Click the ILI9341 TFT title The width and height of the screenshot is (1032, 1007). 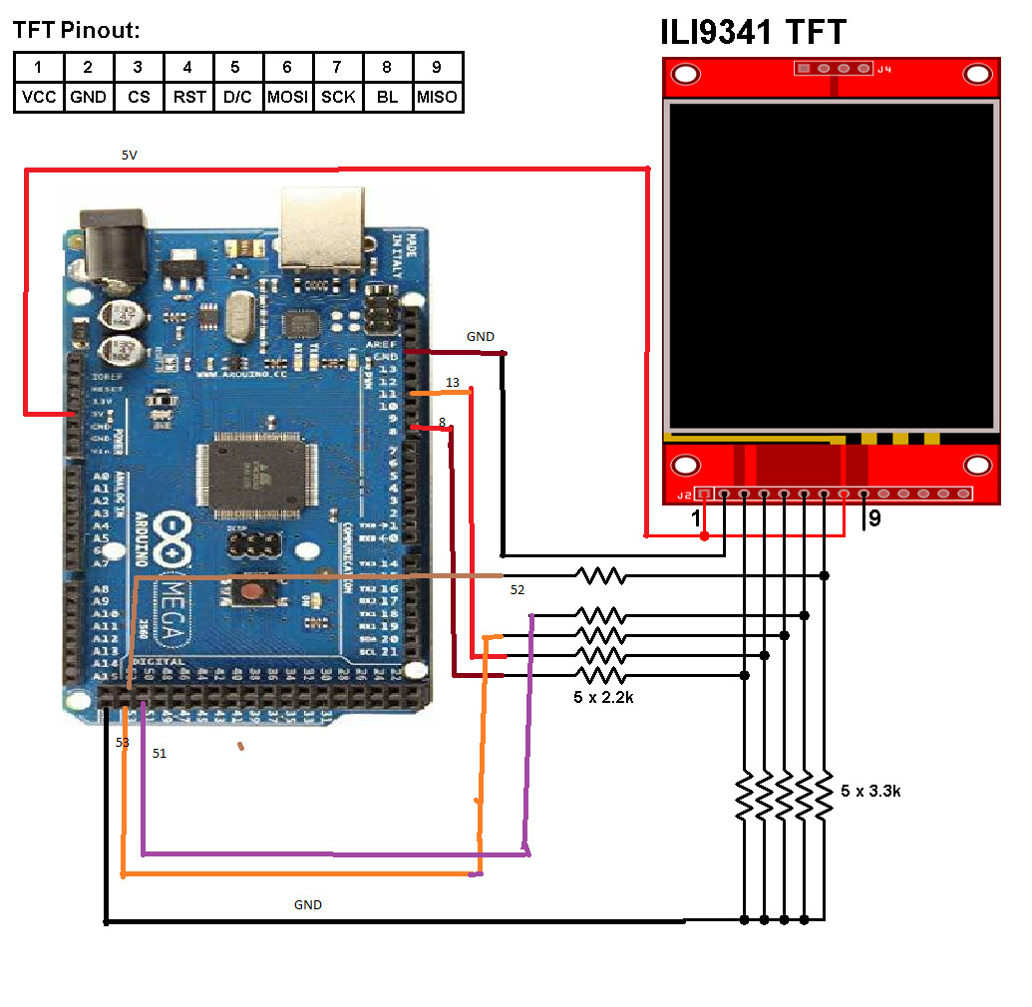753,32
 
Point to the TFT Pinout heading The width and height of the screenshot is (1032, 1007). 76,31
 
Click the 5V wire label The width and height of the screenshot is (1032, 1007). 131,156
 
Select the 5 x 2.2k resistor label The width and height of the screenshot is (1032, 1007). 604,698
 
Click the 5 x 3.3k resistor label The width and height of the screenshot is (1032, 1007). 871,791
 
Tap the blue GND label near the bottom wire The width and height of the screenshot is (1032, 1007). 307,905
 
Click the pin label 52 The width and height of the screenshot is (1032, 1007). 517,590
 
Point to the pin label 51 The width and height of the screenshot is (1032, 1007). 160,754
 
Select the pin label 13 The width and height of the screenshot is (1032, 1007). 453,383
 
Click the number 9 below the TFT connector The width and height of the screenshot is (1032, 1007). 874,518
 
